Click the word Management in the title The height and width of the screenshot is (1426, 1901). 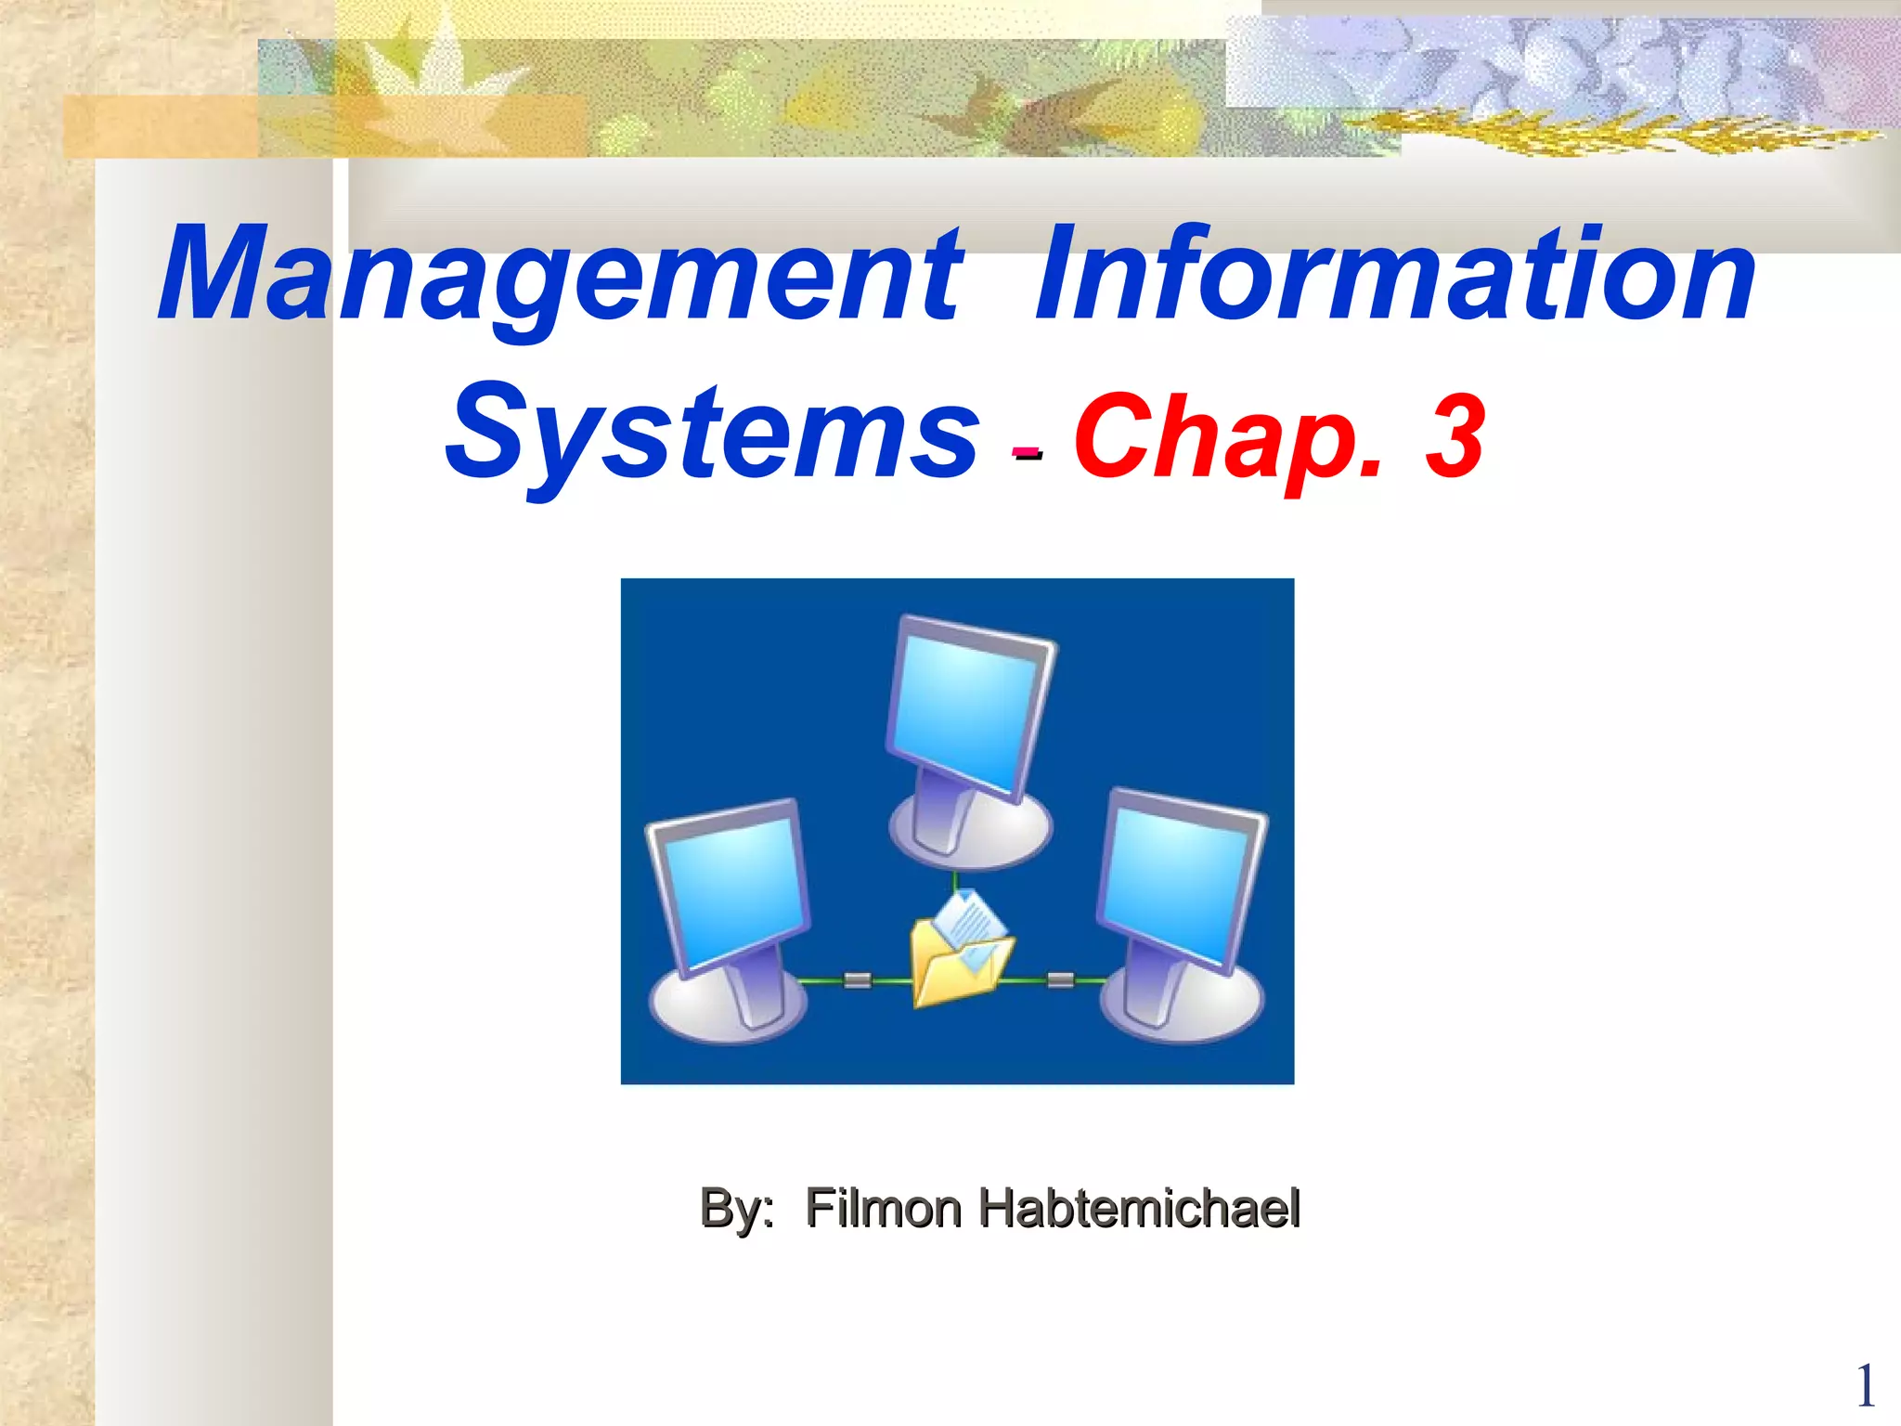pyautogui.click(x=561, y=275)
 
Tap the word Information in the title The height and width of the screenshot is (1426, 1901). pyautogui.click(x=1394, y=275)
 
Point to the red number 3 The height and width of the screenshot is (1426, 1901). pyautogui.click(x=1454, y=434)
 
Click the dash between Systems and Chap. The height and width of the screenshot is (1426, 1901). pyautogui.click(x=1027, y=453)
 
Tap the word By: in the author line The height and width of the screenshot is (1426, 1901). pyautogui.click(x=737, y=1209)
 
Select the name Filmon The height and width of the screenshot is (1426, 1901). pyautogui.click(x=883, y=1209)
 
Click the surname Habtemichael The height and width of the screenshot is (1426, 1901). pyautogui.click(x=1139, y=1209)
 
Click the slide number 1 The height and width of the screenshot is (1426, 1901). pyautogui.click(x=1865, y=1387)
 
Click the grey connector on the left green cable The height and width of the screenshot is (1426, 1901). pyautogui.click(x=858, y=979)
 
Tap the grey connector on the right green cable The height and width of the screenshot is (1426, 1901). pyautogui.click(x=1060, y=979)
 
